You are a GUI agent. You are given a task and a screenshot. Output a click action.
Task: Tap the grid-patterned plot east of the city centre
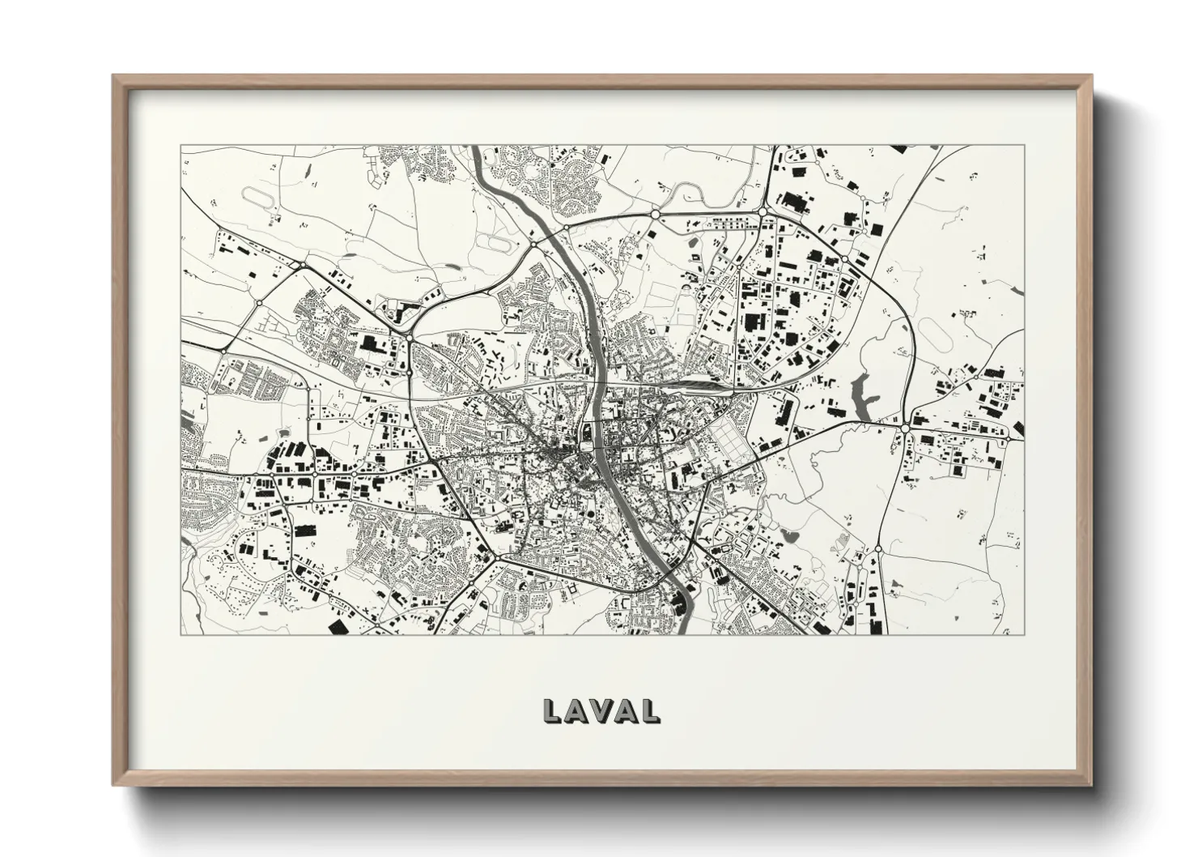click(729, 441)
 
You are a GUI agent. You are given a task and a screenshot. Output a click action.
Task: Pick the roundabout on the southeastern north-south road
click(877, 550)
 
